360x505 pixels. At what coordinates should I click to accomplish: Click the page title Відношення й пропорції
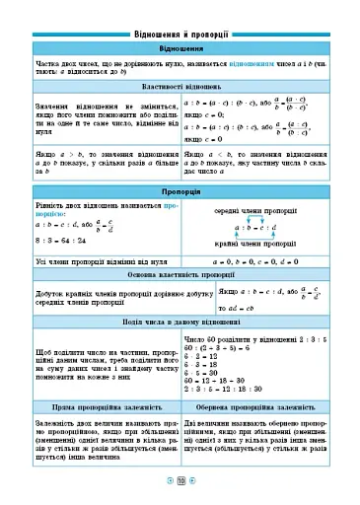180,33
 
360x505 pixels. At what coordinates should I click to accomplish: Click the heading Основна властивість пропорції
180,274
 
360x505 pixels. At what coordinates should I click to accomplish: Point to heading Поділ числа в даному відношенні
180,323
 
